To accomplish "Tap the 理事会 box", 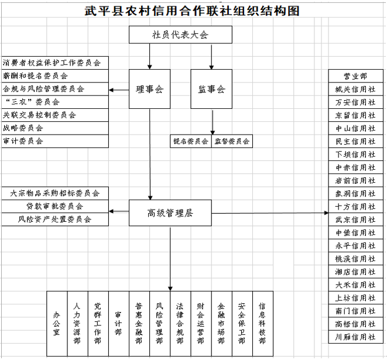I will tap(150, 90).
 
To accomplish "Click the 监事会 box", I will tap(211, 90).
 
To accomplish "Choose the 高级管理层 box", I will tap(170, 213).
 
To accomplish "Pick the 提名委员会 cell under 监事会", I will tap(191, 141).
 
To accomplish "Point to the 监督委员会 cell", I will tap(232, 141).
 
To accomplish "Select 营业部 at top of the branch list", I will tap(355, 76).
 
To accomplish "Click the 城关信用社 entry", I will tap(355, 89).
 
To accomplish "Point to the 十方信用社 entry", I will tap(355, 207).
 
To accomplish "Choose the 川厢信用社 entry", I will tap(355, 337).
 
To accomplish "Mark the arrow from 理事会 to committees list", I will tap(119, 90).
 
